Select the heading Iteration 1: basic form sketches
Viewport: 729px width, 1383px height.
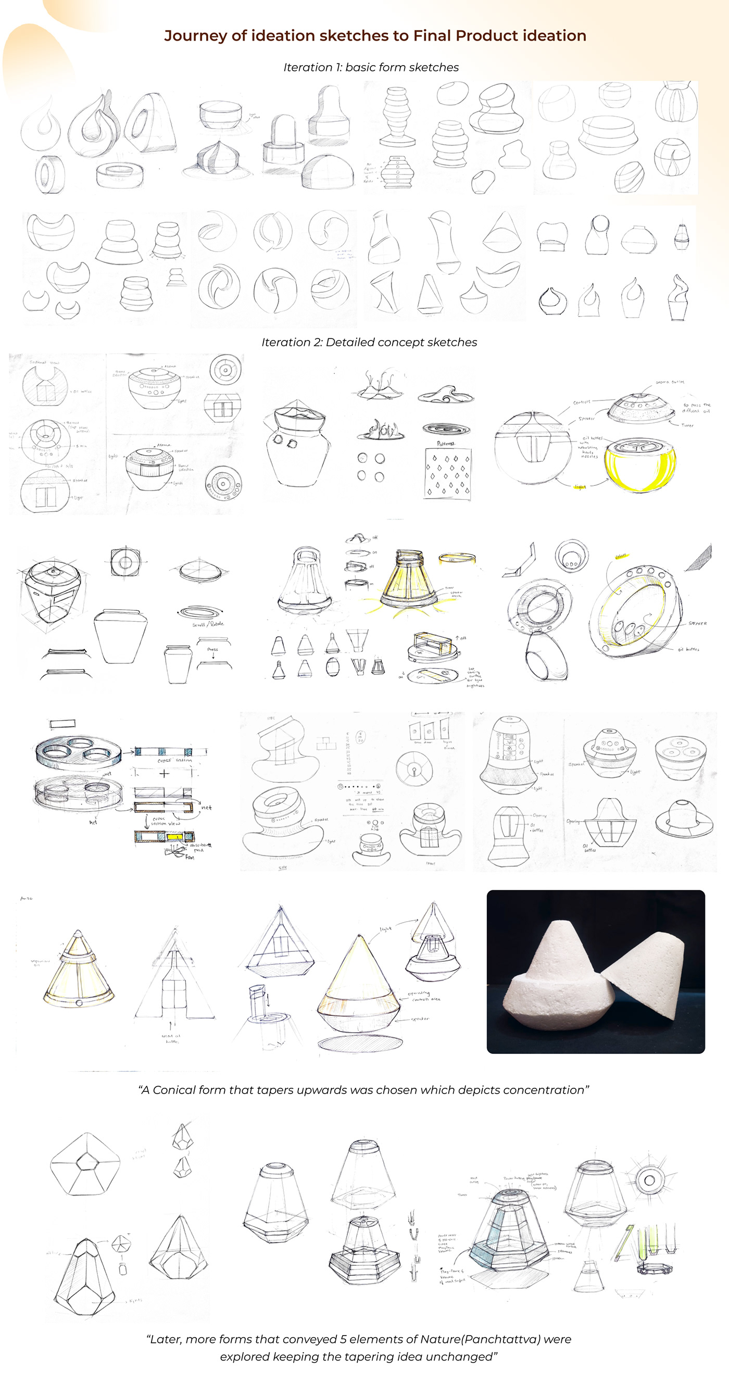(x=370, y=68)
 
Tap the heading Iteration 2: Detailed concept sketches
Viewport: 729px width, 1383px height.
(x=369, y=343)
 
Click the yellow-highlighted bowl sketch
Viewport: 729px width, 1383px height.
(x=639, y=465)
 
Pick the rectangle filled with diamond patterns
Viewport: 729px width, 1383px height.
(x=447, y=473)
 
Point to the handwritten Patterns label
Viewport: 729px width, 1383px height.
(x=446, y=444)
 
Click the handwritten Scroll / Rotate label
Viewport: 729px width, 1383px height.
(x=208, y=624)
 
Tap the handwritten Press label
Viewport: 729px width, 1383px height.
(x=212, y=649)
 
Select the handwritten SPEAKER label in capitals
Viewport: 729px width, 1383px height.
(x=697, y=623)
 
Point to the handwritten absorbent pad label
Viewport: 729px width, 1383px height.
(x=200, y=847)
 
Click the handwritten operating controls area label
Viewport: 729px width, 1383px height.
(x=424, y=996)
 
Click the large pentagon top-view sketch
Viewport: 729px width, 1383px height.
(x=85, y=1164)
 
